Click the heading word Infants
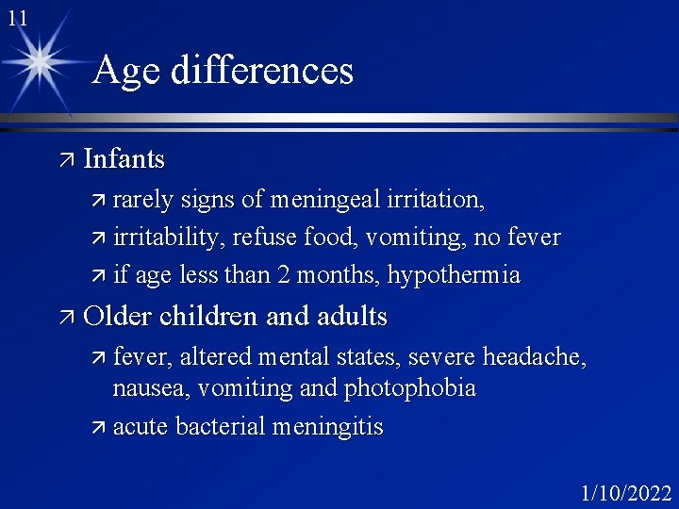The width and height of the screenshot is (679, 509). (x=124, y=159)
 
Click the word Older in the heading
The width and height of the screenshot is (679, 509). (x=118, y=316)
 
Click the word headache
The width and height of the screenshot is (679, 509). (x=533, y=356)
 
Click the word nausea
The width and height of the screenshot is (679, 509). (x=145, y=387)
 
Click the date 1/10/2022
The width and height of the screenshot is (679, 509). (x=626, y=493)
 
